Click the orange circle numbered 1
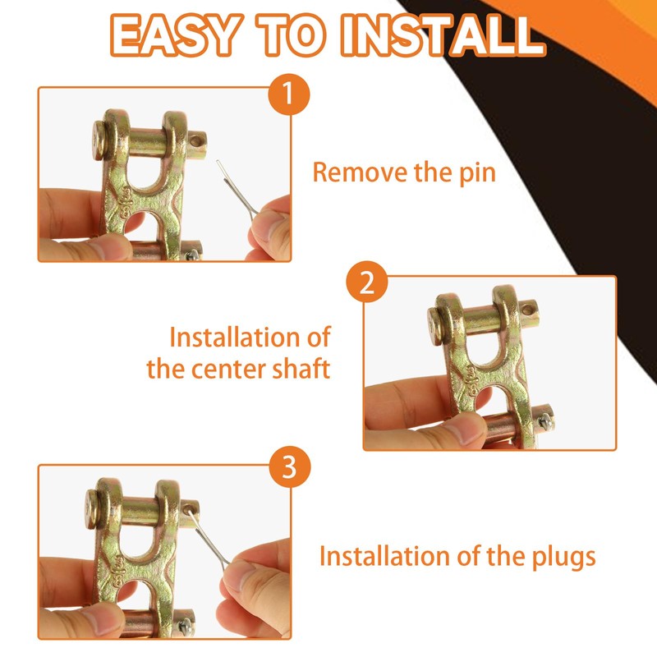pyautogui.click(x=289, y=94)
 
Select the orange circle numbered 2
pyautogui.click(x=367, y=282)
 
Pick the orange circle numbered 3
pyautogui.click(x=290, y=466)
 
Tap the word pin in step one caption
pyautogui.click(x=477, y=173)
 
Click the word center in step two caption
pyautogui.click(x=229, y=369)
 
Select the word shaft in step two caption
pyautogui.click(x=301, y=368)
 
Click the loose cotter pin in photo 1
pyautogui.click(x=237, y=190)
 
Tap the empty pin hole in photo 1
pyautogui.click(x=196, y=140)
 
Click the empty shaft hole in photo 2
pyautogui.click(x=529, y=310)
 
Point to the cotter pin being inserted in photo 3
pyautogui.click(x=209, y=537)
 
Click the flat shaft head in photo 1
pyautogui.click(x=98, y=140)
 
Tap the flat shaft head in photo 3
pyautogui.click(x=91, y=509)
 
